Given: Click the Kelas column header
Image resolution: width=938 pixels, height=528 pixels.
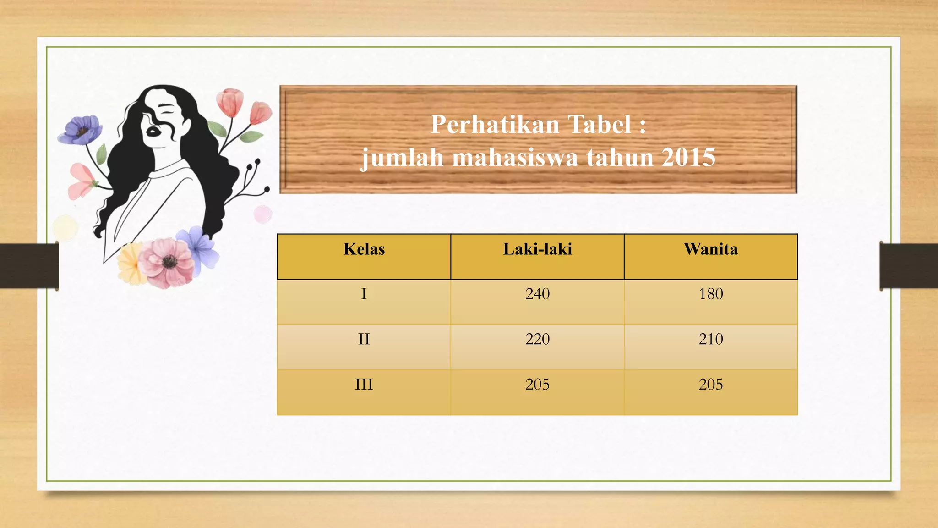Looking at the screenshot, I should click(364, 249).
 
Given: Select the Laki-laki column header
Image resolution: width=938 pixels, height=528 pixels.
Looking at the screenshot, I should click(537, 249).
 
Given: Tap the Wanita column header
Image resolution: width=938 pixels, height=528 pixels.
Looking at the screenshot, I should click(710, 249).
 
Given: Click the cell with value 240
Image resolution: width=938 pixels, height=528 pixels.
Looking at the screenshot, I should click(537, 294).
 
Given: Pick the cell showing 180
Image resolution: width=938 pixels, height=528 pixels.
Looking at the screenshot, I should click(710, 294).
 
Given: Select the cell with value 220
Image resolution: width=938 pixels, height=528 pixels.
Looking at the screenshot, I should click(537, 339).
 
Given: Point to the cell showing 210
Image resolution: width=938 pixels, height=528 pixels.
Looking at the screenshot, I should click(710, 339).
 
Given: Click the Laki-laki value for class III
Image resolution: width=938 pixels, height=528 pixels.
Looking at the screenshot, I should click(537, 384).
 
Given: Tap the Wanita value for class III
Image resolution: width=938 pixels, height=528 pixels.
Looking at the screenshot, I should click(710, 384).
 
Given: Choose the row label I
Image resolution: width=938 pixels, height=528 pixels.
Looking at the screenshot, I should click(364, 294).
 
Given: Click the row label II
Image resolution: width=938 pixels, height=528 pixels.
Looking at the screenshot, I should click(364, 339).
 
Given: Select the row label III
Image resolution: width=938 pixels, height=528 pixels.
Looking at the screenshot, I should click(364, 384).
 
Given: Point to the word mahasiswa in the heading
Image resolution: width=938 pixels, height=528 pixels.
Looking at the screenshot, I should click(515, 158).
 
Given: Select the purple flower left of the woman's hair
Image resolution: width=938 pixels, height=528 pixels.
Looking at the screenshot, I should click(81, 130).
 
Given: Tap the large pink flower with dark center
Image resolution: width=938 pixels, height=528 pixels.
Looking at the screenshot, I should click(167, 262).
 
